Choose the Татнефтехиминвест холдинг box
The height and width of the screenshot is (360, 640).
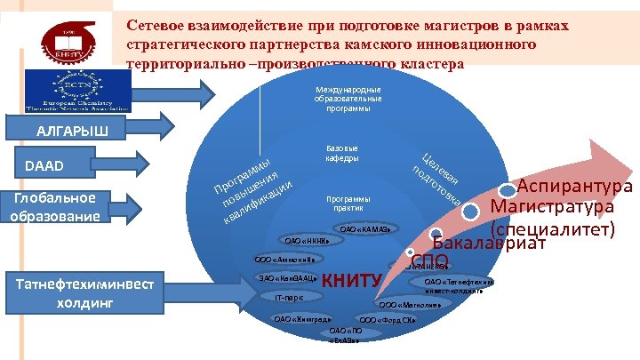click(x=79, y=292)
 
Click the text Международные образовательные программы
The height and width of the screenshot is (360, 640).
click(x=348, y=100)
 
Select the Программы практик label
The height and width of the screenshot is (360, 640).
click(x=348, y=203)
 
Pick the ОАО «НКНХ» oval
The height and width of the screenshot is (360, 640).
click(x=306, y=240)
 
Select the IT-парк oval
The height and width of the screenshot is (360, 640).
click(x=289, y=299)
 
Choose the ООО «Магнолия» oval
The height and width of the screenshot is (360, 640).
click(x=418, y=303)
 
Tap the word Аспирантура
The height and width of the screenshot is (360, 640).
click(x=574, y=188)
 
